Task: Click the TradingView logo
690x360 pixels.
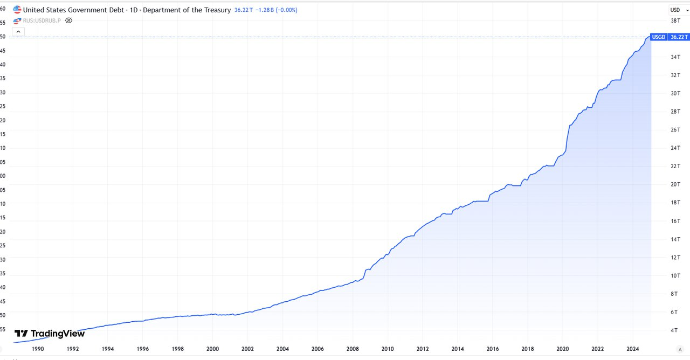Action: pos(50,334)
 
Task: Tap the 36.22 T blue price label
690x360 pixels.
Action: pos(679,37)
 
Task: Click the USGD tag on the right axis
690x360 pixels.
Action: pos(658,37)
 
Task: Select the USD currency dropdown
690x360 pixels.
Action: pos(675,10)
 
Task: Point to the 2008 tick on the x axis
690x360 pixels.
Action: pos(353,349)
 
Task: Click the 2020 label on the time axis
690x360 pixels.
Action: pos(562,349)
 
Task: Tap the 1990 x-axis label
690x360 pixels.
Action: pos(38,349)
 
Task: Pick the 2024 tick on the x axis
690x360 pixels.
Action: pos(632,349)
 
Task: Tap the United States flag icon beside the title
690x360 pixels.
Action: pos(17,10)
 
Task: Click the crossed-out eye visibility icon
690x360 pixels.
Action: pos(68,20)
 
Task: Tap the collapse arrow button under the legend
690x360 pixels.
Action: pos(18,32)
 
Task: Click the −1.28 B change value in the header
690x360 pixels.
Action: pos(265,10)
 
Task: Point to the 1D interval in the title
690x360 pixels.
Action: pos(134,10)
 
